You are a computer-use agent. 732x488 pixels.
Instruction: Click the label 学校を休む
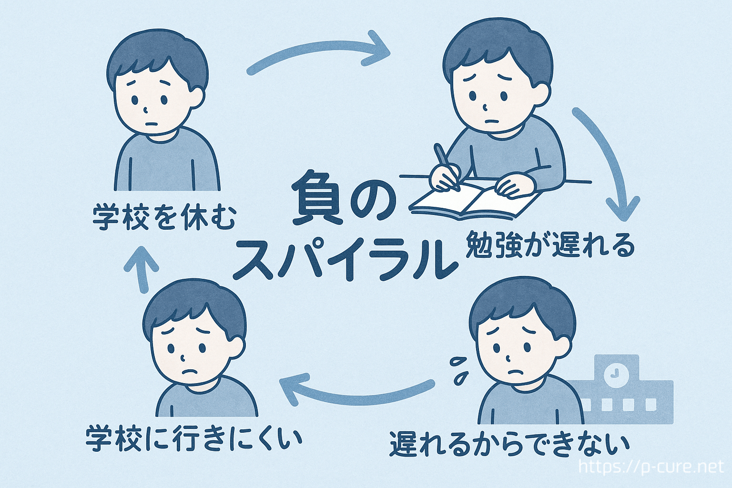(x=164, y=217)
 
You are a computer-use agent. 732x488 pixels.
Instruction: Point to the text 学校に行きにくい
(x=193, y=438)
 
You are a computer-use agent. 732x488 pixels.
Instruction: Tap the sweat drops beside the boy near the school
(x=459, y=371)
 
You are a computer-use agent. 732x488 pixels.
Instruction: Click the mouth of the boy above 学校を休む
(x=151, y=124)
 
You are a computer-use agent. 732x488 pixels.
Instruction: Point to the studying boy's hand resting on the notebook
(x=510, y=187)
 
